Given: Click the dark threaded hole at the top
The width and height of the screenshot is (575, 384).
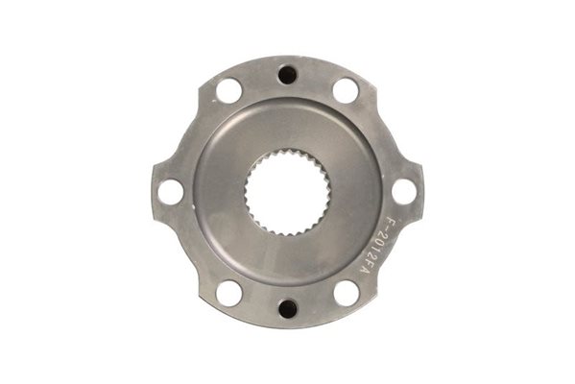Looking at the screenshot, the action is tap(287, 74).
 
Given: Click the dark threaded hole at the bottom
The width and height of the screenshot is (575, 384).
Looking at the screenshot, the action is tap(288, 309).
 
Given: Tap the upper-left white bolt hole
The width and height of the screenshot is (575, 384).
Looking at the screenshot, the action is tap(228, 90).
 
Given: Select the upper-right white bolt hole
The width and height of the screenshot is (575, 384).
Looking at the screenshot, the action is tap(346, 90).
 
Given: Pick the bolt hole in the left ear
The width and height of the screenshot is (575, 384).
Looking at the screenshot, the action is tap(171, 192).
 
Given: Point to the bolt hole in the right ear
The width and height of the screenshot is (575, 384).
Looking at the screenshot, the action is tap(404, 192).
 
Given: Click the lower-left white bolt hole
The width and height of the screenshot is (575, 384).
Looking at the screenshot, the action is tap(229, 294).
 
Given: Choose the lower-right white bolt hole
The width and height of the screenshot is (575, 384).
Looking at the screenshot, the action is tap(347, 294).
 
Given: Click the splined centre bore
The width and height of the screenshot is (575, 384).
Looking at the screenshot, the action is tap(288, 192).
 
